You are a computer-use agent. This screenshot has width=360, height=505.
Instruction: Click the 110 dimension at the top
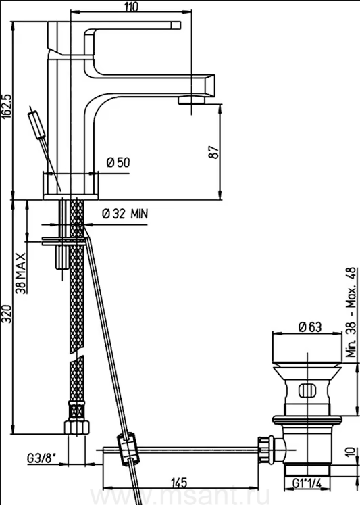coord(132,7)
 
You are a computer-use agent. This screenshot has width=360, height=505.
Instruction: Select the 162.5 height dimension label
coord(7,107)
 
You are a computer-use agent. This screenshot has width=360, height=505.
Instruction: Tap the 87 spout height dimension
coord(215,151)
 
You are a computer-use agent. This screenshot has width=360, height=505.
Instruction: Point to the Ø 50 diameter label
coord(118,163)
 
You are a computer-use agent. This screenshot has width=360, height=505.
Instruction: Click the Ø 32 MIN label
coord(125,213)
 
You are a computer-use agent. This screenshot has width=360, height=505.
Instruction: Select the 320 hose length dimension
coord(7,314)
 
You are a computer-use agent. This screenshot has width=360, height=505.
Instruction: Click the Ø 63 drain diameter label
coord(310,327)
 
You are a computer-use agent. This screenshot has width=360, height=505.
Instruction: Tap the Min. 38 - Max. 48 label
coord(351,312)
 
